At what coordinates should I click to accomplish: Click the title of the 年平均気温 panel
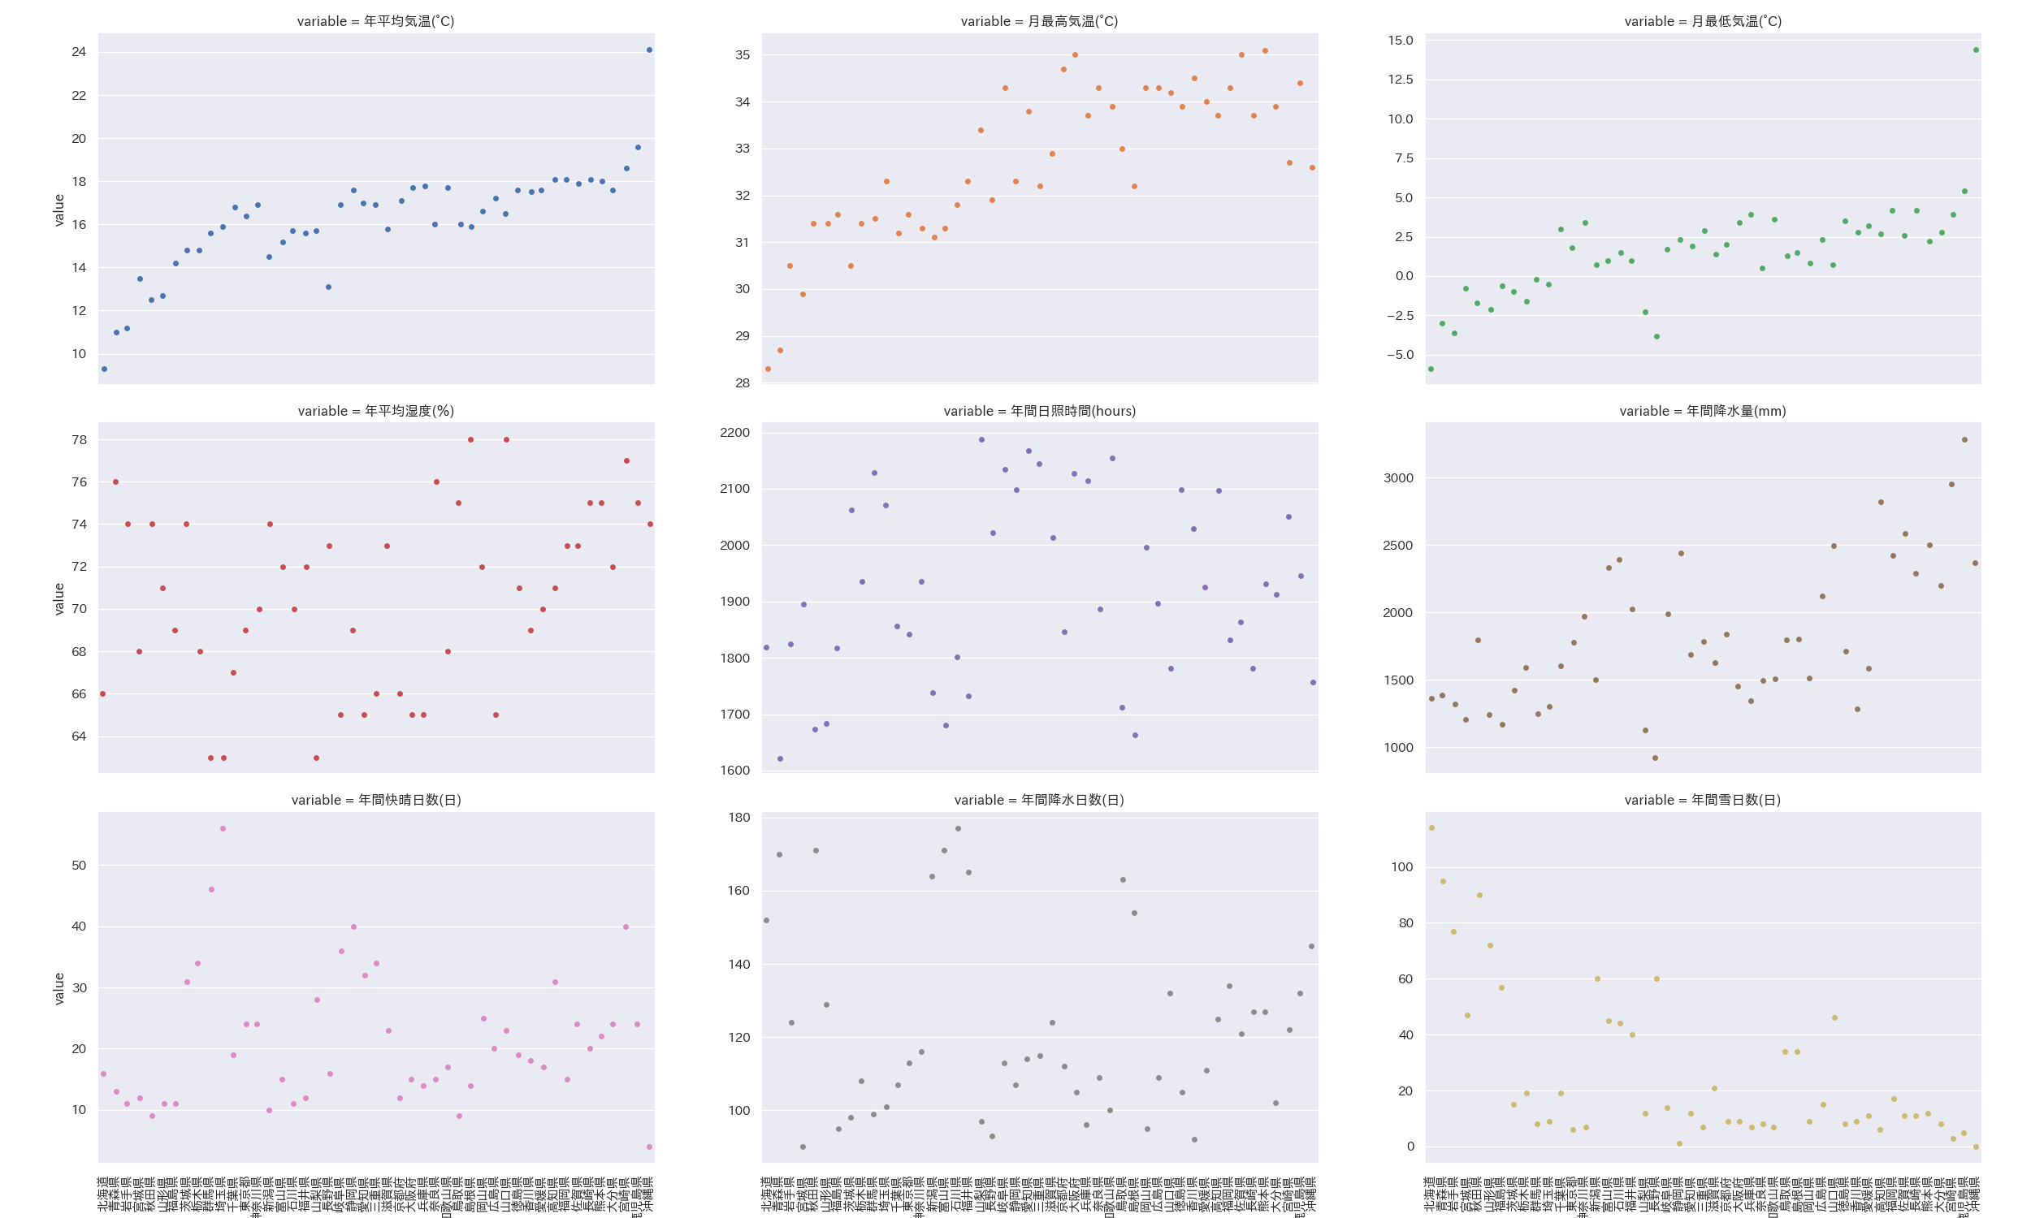click(375, 21)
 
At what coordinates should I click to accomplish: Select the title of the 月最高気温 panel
click(1038, 21)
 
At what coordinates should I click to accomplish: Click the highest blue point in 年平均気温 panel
click(649, 50)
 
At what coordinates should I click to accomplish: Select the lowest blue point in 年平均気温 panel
click(104, 369)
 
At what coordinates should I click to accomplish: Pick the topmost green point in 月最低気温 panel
click(1976, 50)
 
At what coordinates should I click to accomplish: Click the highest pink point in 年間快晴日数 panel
click(223, 829)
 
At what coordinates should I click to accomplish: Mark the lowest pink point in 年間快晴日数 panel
click(649, 1147)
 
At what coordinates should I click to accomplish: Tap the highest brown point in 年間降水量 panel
click(1964, 440)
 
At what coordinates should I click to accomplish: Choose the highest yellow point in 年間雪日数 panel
click(1431, 828)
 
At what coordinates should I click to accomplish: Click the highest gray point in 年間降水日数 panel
click(958, 829)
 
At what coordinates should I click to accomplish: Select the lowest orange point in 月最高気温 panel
click(768, 369)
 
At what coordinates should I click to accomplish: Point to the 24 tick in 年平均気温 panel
click(79, 52)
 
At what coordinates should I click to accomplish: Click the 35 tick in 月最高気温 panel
click(743, 55)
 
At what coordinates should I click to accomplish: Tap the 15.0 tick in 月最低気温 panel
click(1400, 41)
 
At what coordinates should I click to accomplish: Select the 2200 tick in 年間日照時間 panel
click(734, 433)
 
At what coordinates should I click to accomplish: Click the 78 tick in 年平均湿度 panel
click(79, 440)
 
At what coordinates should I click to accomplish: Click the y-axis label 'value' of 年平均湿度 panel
click(59, 599)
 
